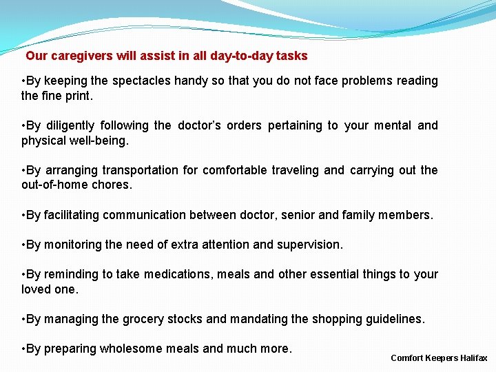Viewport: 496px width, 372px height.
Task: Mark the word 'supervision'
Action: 309,245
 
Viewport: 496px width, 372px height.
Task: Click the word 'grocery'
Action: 143,319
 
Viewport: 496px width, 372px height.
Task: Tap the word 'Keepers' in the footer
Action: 439,358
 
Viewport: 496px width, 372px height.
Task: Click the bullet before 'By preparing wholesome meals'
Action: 24,349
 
